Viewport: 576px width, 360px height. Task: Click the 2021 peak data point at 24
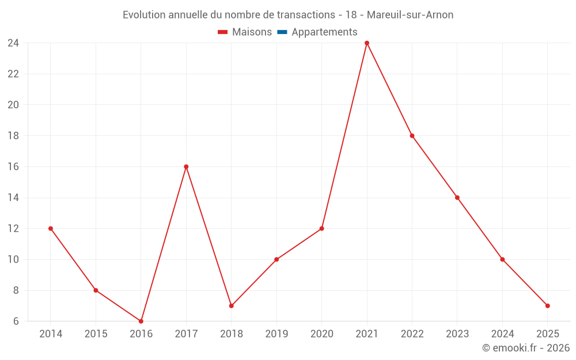click(x=367, y=43)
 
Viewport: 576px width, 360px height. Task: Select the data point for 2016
click(x=141, y=321)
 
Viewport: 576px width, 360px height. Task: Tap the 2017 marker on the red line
click(x=186, y=166)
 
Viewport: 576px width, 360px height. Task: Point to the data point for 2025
click(x=547, y=306)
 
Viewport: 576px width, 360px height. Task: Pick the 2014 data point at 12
click(x=51, y=229)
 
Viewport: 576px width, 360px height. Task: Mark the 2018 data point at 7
click(x=231, y=306)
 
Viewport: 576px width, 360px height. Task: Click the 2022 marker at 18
click(x=412, y=136)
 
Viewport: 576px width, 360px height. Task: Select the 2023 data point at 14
click(x=457, y=198)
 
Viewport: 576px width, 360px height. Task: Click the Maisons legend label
click(x=252, y=32)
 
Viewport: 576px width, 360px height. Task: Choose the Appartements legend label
click(x=324, y=32)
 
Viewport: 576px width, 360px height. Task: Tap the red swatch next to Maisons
click(x=223, y=32)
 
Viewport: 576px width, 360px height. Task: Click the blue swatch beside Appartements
click(x=282, y=32)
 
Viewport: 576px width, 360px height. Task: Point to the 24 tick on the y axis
click(x=13, y=43)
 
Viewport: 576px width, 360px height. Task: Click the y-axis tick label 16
click(x=13, y=166)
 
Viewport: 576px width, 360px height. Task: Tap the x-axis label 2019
click(x=276, y=334)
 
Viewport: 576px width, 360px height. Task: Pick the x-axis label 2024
click(x=502, y=334)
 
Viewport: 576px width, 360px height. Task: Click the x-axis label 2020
click(x=321, y=334)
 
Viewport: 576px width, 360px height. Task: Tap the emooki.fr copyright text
click(x=526, y=348)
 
